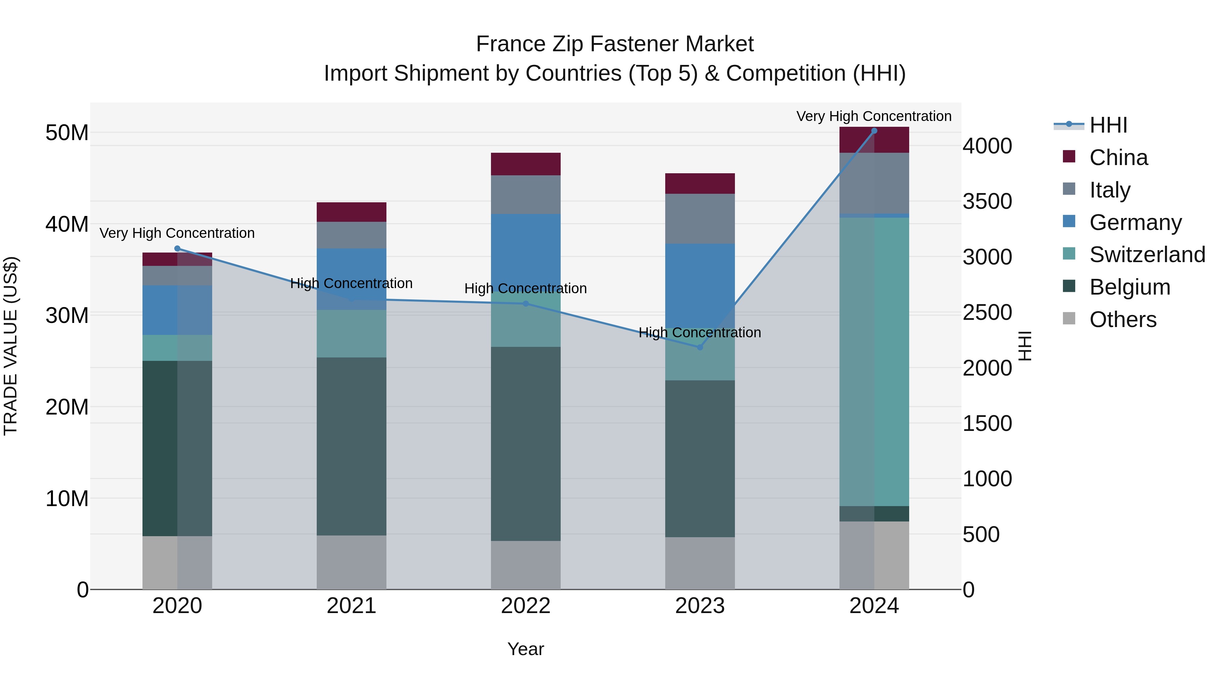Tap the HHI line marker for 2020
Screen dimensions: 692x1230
pos(177,248)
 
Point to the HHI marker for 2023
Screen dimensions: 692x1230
pos(700,347)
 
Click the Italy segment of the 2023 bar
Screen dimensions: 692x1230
pos(700,218)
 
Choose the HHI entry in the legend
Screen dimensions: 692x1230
pos(1108,125)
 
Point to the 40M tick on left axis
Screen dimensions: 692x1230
pos(67,224)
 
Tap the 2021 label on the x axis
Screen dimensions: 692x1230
pos(352,606)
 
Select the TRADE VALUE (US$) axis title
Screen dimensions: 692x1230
pos(11,346)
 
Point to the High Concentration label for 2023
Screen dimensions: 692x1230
pos(700,333)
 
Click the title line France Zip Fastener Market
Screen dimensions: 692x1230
pos(615,44)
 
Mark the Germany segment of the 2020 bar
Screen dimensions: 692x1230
pos(177,310)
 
